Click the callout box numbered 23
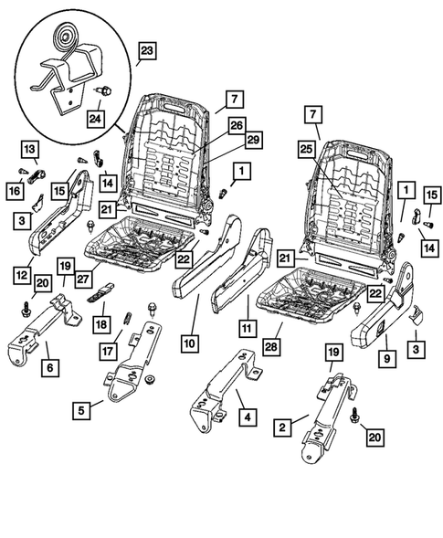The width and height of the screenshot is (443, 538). coord(147,51)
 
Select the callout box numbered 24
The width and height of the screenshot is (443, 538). coord(96,116)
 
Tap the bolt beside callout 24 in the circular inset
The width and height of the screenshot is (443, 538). coord(102,92)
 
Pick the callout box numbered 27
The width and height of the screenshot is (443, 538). coord(84,281)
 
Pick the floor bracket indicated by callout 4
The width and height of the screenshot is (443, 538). coord(219,388)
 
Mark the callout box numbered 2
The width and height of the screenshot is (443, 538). coord(286,425)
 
